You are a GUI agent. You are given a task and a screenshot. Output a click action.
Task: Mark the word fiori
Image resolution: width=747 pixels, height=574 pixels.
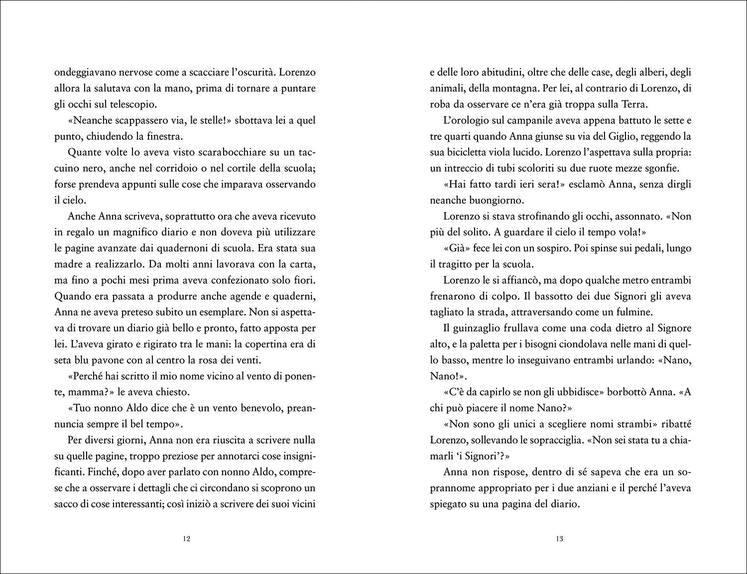click(304, 280)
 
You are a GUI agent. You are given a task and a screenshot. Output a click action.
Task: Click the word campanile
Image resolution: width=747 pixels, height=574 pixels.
click(520, 120)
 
